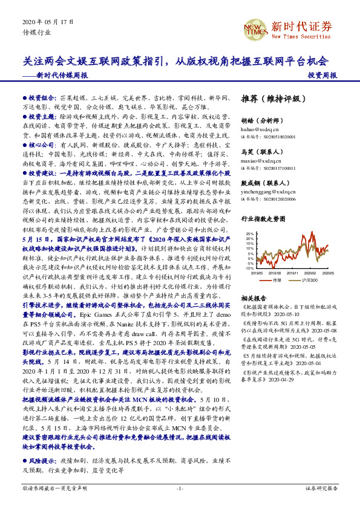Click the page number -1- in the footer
(x=180, y=487)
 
